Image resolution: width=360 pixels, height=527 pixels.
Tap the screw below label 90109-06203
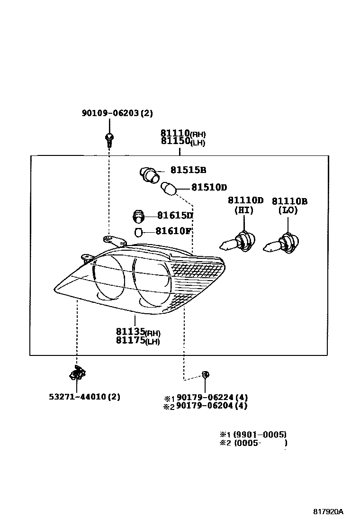(109, 138)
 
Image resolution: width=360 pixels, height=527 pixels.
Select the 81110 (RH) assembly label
(183, 133)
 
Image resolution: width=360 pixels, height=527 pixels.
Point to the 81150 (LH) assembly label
(183, 141)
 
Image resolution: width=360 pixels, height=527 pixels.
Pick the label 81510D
(209, 187)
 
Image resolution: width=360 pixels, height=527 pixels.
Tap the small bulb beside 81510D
(170, 188)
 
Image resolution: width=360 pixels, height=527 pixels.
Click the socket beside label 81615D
(138, 216)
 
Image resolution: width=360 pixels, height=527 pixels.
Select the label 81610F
(174, 231)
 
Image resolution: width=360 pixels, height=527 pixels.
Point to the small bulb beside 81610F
(139, 232)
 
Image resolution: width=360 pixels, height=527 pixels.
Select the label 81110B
(289, 201)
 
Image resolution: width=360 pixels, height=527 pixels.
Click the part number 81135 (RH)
(138, 332)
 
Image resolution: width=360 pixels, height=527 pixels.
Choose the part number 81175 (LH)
(138, 340)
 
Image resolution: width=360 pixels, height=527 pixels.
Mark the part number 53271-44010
(84, 397)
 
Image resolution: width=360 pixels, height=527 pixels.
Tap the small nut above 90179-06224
(205, 374)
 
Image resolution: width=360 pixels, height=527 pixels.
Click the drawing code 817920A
(328, 512)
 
